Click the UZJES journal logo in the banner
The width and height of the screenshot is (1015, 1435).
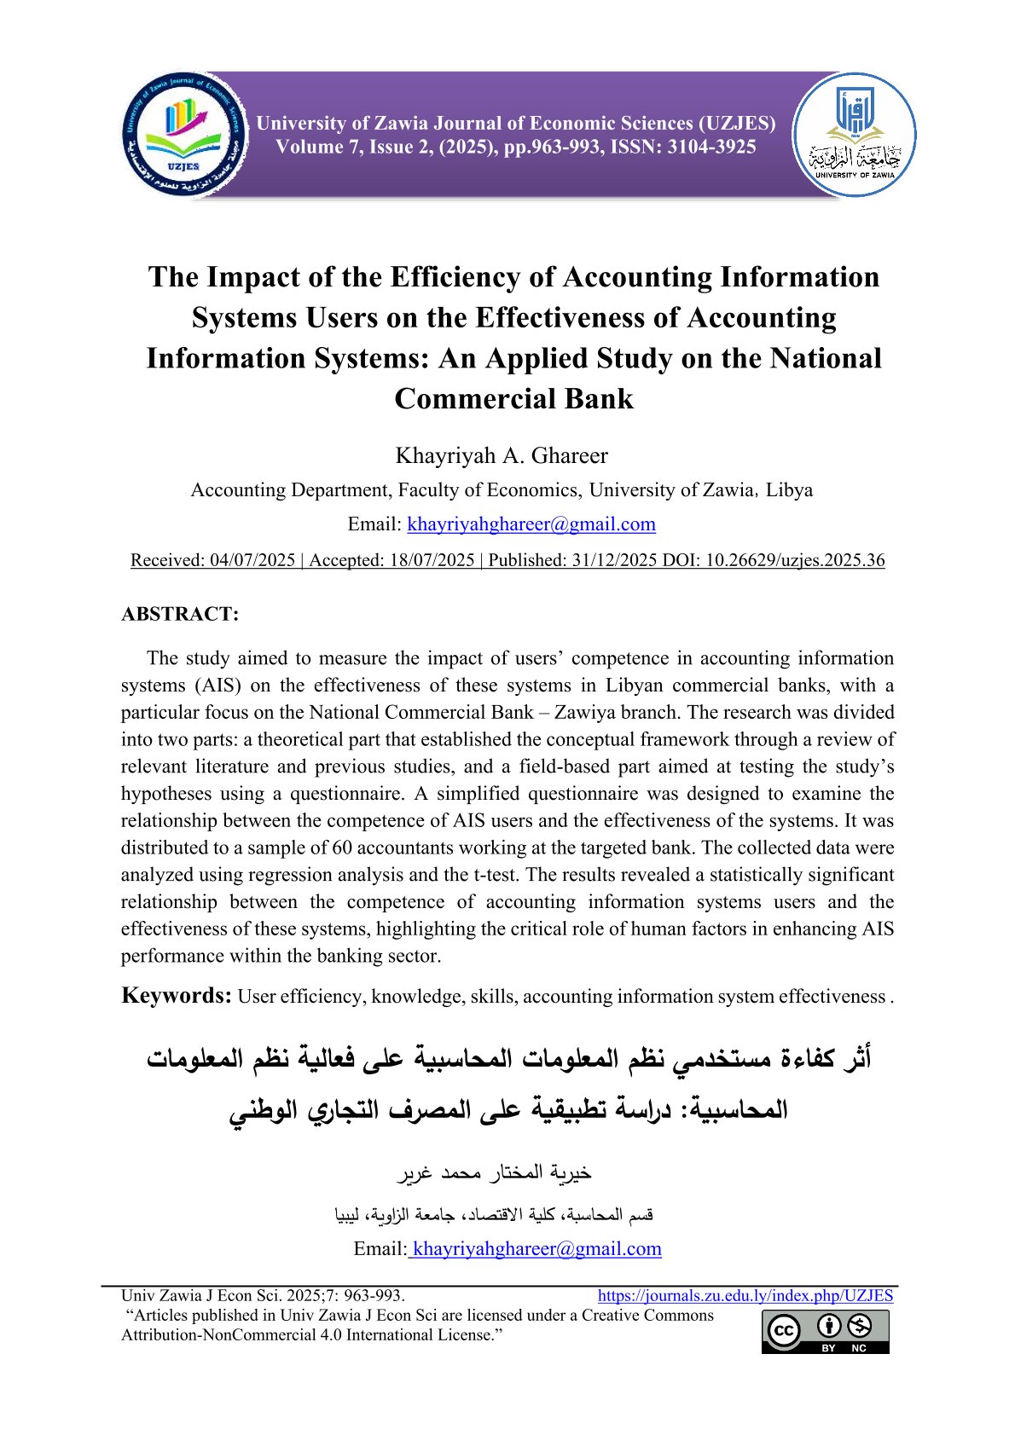184,135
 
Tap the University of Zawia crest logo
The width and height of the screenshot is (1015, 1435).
854,135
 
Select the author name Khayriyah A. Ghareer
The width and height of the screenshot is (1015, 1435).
502,455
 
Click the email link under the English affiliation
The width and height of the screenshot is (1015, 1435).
531,524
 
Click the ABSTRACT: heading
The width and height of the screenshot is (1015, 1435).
180,614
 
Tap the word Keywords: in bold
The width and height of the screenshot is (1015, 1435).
177,996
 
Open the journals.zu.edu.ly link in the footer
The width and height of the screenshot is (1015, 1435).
745,1296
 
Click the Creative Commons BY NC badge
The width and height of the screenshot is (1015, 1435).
825,1332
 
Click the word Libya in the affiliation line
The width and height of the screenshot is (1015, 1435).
789,490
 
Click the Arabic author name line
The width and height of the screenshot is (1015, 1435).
495,1174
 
